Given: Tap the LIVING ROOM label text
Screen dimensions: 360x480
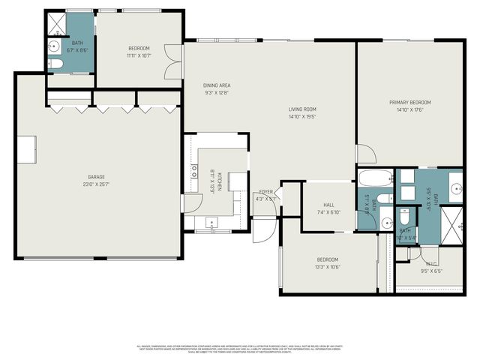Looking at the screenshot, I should pos(302,109).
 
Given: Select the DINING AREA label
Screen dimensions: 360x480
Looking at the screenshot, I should pos(216,85).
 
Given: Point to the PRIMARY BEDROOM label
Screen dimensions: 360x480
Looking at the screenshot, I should pos(409,102).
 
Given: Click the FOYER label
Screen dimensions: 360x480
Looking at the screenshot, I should pos(265,192).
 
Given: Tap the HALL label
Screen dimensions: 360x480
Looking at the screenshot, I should pos(328,204).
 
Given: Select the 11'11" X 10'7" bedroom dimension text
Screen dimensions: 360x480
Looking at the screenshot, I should pos(139,55).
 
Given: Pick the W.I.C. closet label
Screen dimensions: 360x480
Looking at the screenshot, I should pos(430,263).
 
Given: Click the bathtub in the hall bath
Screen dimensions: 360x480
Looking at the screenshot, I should pos(374,179).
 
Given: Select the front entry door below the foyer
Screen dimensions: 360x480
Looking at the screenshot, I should pos(262,229).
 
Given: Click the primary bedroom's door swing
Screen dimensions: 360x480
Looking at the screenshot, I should pos(366,154).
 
